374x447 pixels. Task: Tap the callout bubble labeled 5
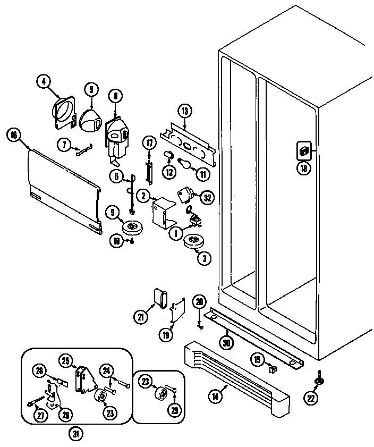point(91,89)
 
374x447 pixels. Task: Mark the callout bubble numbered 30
point(227,343)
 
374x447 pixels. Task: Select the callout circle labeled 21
point(140,317)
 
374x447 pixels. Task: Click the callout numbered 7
point(64,144)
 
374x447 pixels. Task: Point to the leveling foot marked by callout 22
point(319,379)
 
